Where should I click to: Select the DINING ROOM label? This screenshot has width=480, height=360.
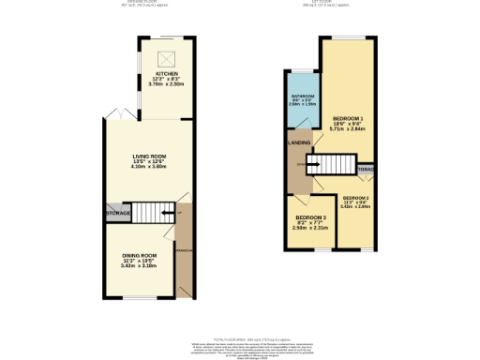(x=139, y=255)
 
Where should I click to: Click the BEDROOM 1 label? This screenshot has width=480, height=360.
(x=348, y=117)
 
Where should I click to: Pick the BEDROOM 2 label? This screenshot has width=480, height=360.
(x=355, y=198)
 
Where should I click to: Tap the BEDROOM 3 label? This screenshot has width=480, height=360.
(x=308, y=217)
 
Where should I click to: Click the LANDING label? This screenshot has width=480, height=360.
(x=299, y=142)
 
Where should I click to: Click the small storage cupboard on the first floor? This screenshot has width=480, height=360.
(x=366, y=170)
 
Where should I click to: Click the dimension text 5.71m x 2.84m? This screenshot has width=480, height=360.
(x=348, y=130)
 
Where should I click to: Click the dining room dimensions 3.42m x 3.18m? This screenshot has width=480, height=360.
(x=139, y=266)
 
